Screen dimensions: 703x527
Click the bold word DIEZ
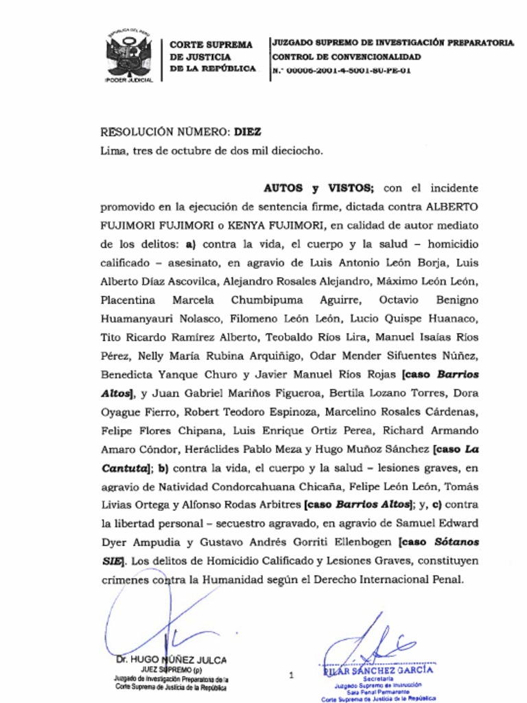248,132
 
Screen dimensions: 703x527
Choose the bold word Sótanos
457,542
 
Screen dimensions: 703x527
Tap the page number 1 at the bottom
292,676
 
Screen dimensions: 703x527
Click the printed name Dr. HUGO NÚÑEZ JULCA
172,660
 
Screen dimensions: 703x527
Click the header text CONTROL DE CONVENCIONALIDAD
347,57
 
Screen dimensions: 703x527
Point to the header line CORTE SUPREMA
211,45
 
